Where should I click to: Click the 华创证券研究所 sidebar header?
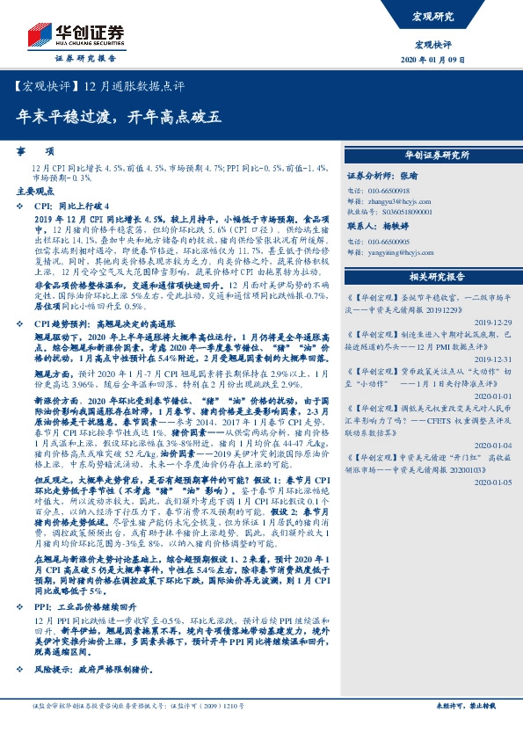click(437, 155)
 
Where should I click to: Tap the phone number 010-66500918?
click(387, 191)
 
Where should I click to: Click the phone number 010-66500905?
click(387, 241)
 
